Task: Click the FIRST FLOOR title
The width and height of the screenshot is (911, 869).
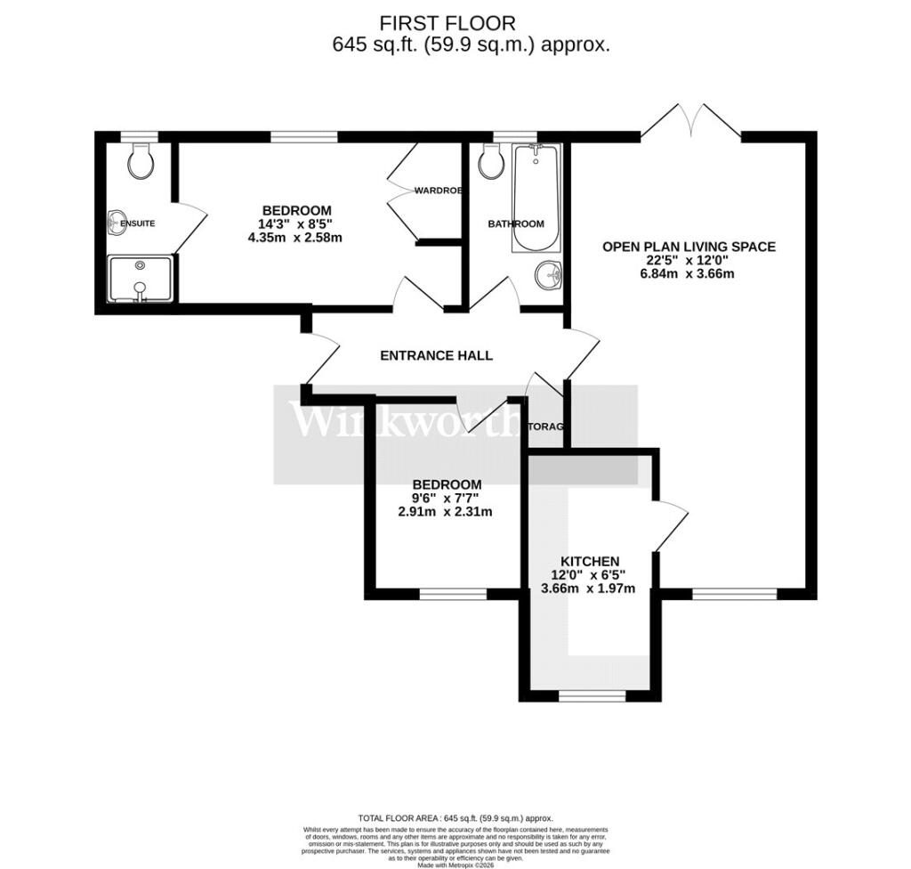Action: (447, 23)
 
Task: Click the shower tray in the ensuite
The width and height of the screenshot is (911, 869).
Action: (140, 279)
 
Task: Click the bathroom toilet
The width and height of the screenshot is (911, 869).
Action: (490, 161)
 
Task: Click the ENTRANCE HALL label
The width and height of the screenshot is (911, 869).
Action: (436, 355)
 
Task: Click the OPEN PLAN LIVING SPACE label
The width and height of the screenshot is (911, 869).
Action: (689, 247)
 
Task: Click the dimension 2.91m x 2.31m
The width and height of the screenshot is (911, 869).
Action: (446, 511)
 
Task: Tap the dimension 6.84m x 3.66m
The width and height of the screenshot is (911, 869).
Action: (689, 273)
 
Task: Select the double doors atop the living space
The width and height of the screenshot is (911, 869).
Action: (690, 121)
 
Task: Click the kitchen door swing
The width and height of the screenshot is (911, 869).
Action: (671, 525)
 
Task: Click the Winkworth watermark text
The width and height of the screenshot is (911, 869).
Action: (406, 421)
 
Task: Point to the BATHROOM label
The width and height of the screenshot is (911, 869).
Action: (515, 223)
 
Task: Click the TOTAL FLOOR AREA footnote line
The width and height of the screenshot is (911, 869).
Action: (455, 817)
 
